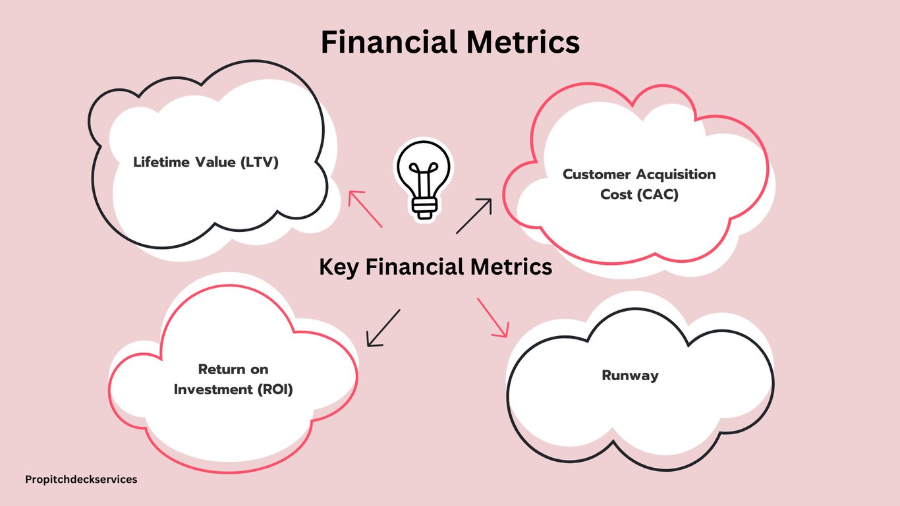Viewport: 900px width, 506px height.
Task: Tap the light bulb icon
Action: (x=424, y=180)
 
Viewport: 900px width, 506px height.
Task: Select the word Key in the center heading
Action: (x=339, y=267)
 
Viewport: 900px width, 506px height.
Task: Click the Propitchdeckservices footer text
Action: (x=81, y=480)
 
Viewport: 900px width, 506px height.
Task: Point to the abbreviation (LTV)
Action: (x=259, y=162)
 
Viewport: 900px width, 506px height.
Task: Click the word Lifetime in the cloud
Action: (x=161, y=162)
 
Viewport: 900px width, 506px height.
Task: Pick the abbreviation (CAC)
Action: (x=658, y=194)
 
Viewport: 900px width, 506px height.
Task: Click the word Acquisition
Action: (x=676, y=175)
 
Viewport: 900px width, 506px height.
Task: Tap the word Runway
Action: (x=630, y=376)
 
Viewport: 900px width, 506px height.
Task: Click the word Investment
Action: (x=213, y=389)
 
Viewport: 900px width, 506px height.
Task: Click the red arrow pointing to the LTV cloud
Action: (x=365, y=209)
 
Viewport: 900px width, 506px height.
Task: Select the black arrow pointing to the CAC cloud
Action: (x=474, y=216)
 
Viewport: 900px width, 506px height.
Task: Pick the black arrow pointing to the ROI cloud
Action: (x=383, y=327)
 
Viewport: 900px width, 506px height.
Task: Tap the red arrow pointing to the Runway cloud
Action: (x=493, y=318)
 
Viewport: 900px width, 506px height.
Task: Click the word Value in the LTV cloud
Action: (x=215, y=162)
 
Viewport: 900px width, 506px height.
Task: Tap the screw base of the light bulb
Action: (x=424, y=207)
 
